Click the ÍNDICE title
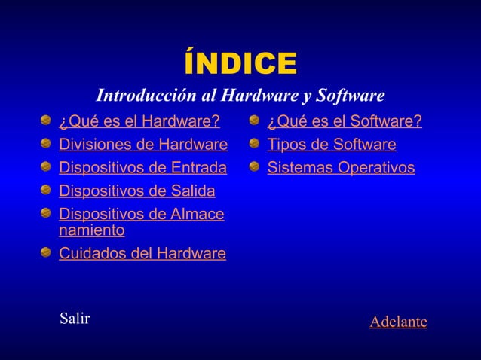240,64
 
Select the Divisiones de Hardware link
142,144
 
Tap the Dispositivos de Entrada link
142,167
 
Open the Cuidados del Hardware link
142,254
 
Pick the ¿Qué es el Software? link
345,121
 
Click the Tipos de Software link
332,144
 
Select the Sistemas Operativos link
341,167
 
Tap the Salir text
75,318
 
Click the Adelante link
398,322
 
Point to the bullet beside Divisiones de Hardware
47,143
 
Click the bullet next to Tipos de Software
256,143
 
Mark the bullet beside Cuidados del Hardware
47,252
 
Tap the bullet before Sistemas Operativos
256,166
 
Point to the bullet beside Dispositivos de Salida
47,188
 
